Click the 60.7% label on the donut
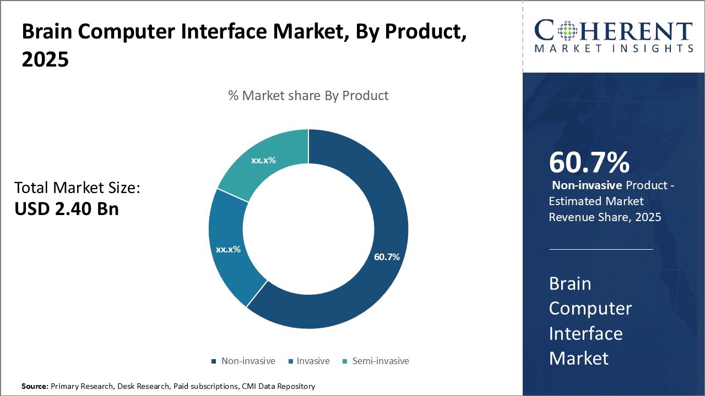point(387,257)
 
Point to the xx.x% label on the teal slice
point(263,161)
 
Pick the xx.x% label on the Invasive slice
point(228,249)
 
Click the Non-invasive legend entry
point(248,361)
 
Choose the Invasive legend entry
point(313,361)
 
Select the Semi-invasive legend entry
point(381,361)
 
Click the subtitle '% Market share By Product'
point(308,96)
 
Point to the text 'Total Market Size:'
point(77,188)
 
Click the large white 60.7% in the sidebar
point(589,163)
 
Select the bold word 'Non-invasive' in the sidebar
point(587,185)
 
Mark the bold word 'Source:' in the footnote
point(35,386)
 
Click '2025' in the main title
point(45,59)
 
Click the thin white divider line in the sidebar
point(601,249)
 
